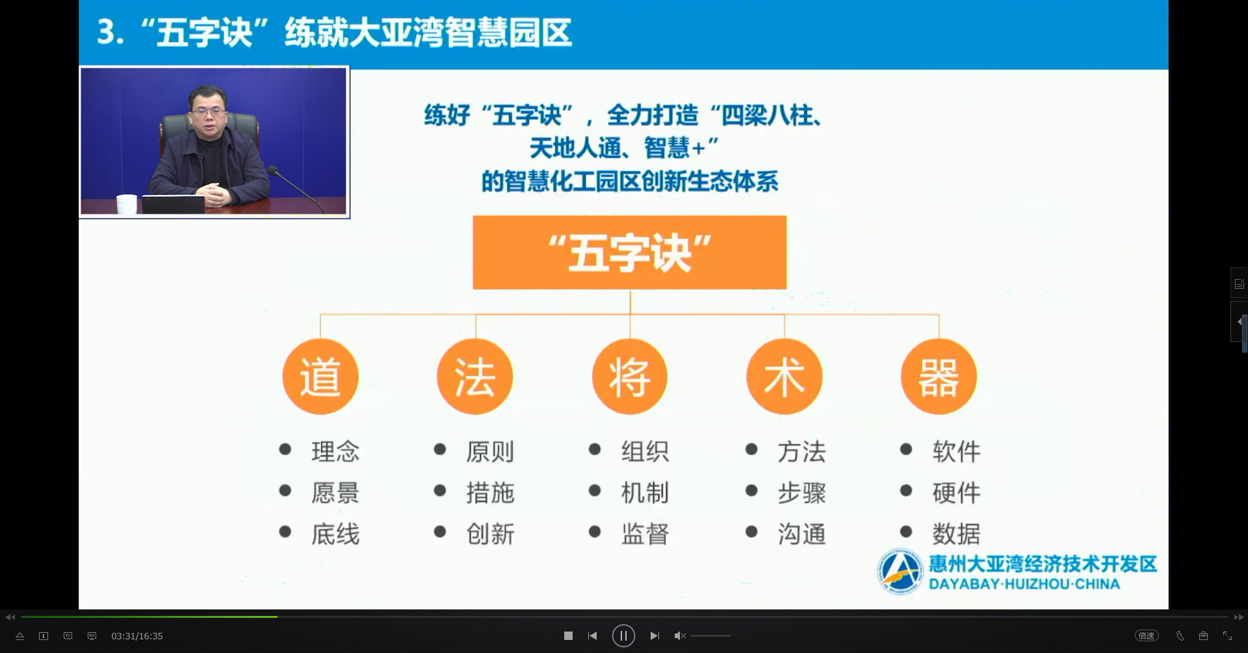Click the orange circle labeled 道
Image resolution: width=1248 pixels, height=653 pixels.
[320, 377]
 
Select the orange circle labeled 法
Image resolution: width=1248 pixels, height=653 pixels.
[475, 377]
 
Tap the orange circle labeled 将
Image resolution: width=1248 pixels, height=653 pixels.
[630, 377]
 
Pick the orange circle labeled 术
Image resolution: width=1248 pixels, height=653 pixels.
[785, 377]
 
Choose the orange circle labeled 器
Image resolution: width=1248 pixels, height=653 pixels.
[939, 377]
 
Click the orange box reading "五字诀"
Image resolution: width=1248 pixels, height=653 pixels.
[629, 252]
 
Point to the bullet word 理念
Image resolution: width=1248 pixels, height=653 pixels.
[335, 451]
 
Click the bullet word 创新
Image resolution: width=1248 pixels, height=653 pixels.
[490, 534]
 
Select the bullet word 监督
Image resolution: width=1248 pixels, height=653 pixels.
[645, 534]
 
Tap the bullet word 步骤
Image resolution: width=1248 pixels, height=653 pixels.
[801, 493]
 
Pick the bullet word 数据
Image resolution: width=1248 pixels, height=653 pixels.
[956, 534]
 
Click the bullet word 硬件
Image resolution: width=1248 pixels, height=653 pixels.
[956, 493]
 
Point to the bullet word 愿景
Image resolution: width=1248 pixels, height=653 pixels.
[335, 493]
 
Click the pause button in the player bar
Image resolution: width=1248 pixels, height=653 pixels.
[623, 635]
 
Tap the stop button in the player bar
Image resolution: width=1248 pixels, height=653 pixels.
[568, 635]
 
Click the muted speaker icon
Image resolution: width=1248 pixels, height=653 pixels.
[680, 635]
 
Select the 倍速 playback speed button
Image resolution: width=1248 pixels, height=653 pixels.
[1147, 635]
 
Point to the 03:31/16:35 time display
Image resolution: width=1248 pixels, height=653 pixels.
[137, 636]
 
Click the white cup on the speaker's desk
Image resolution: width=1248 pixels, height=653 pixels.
[127, 204]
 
